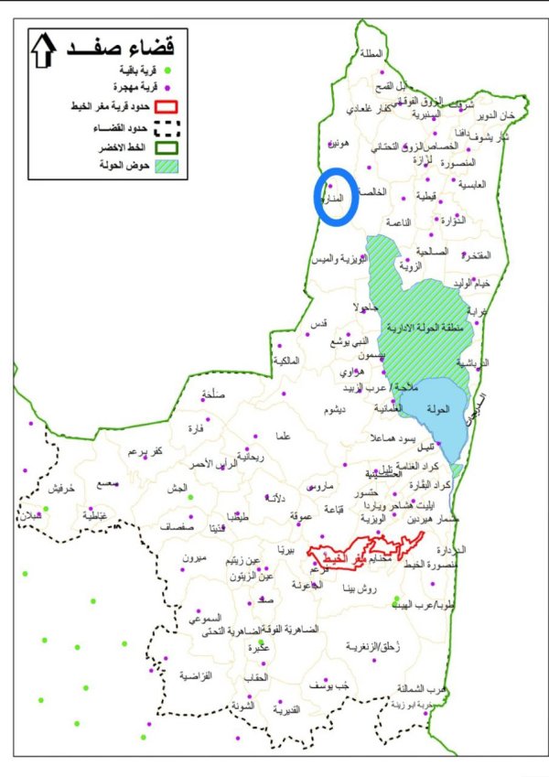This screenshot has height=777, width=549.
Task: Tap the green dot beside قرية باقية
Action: [x=168, y=70]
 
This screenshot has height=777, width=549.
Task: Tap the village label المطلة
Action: [x=373, y=54]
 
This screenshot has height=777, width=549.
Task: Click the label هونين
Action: [x=339, y=145]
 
